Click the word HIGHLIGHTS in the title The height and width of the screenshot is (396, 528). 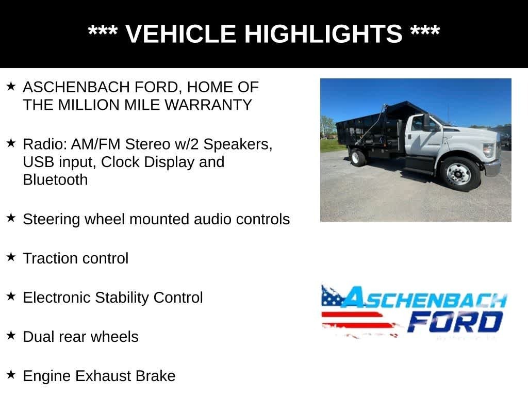point(323,34)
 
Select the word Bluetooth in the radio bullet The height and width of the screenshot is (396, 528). point(55,180)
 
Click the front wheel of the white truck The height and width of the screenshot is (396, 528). point(458,174)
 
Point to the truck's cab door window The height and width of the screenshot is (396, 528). point(418,124)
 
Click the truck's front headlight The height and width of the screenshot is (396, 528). point(488,150)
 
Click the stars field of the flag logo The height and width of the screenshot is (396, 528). point(331,296)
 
